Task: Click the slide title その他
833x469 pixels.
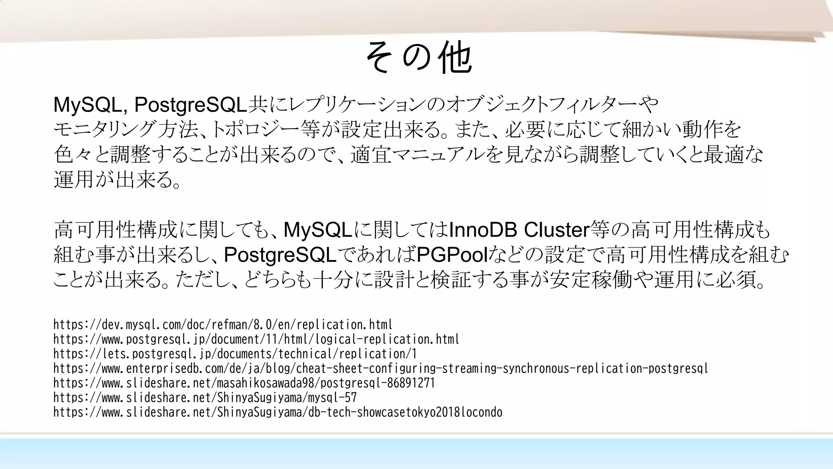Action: point(419,58)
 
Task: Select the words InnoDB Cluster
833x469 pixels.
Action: point(519,230)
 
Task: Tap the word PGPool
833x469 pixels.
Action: point(452,255)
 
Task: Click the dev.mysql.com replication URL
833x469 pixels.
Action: point(223,325)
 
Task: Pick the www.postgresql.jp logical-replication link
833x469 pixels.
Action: point(256,340)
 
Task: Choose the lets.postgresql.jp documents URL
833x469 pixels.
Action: point(235,354)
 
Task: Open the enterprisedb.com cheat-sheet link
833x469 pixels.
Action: point(381,369)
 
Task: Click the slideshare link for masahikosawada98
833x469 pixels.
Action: point(244,384)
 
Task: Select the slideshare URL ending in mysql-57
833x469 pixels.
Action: point(205,398)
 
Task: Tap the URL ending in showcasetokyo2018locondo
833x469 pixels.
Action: point(278,413)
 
